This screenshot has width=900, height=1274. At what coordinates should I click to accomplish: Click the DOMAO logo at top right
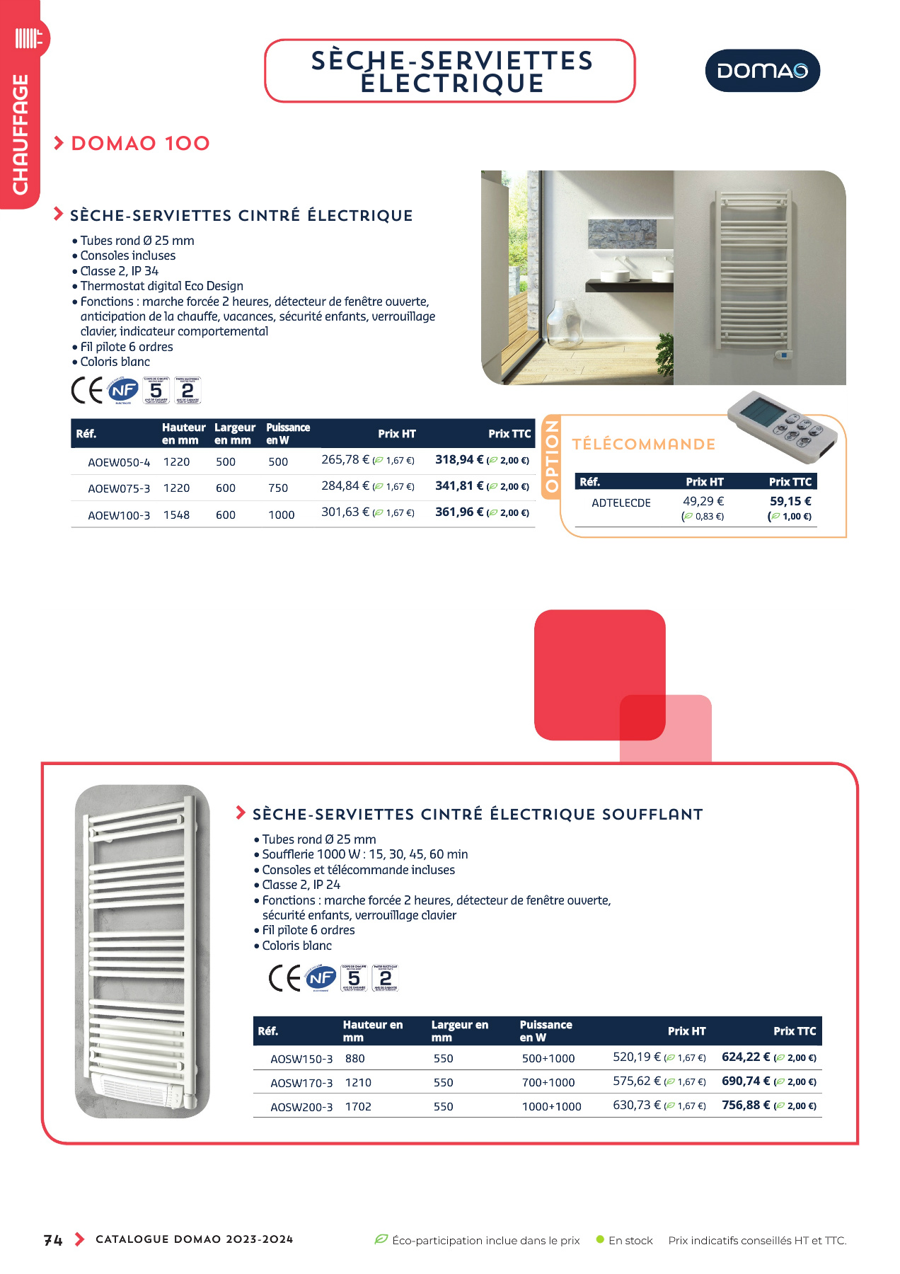click(762, 71)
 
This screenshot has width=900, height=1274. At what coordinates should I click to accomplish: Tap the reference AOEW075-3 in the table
click(119, 488)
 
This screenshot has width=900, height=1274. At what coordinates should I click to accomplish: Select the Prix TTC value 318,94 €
click(459, 460)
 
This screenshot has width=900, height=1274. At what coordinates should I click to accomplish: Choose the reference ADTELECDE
click(621, 503)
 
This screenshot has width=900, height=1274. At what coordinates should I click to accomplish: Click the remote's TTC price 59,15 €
click(790, 501)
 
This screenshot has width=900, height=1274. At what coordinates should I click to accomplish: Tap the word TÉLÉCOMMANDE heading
click(644, 444)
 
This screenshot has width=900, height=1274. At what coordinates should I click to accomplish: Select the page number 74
click(53, 1240)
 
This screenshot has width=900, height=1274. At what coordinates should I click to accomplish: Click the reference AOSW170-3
click(301, 1083)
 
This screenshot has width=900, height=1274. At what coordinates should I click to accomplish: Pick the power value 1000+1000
click(552, 1107)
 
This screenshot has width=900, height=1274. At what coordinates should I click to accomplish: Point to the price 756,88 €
click(746, 1105)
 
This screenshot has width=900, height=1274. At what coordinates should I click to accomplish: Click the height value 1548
click(177, 515)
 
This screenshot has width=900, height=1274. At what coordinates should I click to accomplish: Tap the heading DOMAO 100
click(141, 144)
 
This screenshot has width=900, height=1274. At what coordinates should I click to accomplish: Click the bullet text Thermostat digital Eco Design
click(161, 286)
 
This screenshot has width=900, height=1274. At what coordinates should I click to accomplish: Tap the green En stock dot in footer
click(600, 1239)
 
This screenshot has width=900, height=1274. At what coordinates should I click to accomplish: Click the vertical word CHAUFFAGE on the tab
click(21, 134)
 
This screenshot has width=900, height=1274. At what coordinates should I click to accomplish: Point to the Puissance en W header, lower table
click(546, 1031)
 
